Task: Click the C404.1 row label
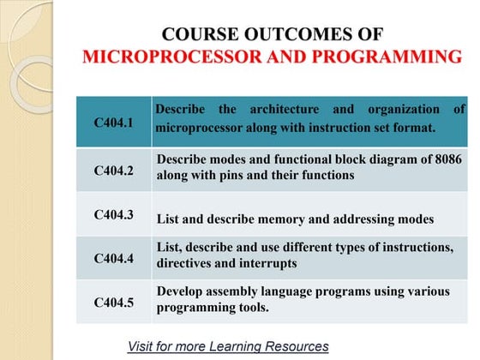113,123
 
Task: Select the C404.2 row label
113,170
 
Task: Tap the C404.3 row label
113,214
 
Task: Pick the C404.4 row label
113,257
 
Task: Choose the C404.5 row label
113,302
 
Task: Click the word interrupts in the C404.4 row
267,263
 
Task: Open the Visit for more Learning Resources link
228,346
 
